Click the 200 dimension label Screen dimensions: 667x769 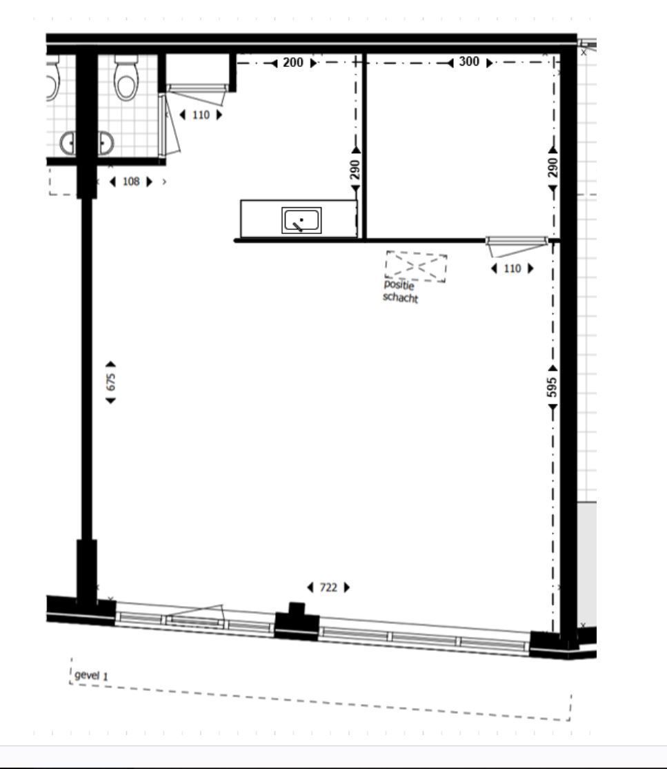(x=293, y=63)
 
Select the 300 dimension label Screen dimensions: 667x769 (x=469, y=62)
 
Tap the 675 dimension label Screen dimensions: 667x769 (x=111, y=382)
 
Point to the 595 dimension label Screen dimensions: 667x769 (x=552, y=387)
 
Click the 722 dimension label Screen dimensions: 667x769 (x=328, y=587)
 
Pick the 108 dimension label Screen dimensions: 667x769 (x=131, y=182)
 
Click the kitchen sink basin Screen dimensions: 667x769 (x=301, y=220)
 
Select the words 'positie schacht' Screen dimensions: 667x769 (x=400, y=291)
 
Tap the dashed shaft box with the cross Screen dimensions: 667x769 (x=416, y=266)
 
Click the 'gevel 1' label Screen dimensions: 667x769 (x=91, y=675)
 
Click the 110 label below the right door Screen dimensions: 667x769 (x=512, y=269)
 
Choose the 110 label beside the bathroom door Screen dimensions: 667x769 (x=201, y=115)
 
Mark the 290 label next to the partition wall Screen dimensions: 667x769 (x=355, y=170)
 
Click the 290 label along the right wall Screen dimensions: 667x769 (x=552, y=168)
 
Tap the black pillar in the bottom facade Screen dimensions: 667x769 (x=297, y=621)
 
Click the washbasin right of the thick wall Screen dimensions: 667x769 (x=106, y=143)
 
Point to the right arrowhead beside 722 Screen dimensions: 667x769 (x=347, y=587)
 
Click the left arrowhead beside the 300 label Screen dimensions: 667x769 (x=450, y=63)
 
